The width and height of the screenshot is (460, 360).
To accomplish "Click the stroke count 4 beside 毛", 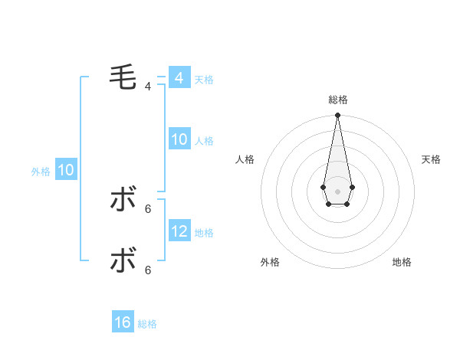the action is point(147,87).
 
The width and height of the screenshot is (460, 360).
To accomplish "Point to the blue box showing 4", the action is point(179,78).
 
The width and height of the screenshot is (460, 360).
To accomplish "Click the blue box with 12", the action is point(179,231).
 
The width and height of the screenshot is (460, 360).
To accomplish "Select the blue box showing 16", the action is point(123,322).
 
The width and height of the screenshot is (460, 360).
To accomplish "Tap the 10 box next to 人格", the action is point(179,139).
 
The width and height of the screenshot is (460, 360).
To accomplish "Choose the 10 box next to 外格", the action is point(66,170).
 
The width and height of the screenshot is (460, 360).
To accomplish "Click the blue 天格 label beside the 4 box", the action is point(204,80).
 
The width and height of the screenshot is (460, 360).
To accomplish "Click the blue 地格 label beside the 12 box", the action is point(204,232).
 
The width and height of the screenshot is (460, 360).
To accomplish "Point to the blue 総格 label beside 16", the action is point(147,324).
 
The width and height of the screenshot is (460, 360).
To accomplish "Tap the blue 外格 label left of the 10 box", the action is point(41,172).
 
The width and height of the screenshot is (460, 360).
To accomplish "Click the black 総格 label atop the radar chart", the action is point(337,100).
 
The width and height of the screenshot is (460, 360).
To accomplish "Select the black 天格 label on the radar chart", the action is point(431,159).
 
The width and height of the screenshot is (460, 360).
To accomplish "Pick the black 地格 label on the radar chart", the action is point(402,262).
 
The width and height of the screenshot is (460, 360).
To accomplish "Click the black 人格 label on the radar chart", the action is point(245,159).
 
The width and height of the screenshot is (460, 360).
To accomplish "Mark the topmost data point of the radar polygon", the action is point(337,116).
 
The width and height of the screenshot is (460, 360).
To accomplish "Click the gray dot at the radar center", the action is point(337,191).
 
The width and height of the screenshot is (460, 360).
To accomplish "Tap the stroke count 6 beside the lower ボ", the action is point(147,270).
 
